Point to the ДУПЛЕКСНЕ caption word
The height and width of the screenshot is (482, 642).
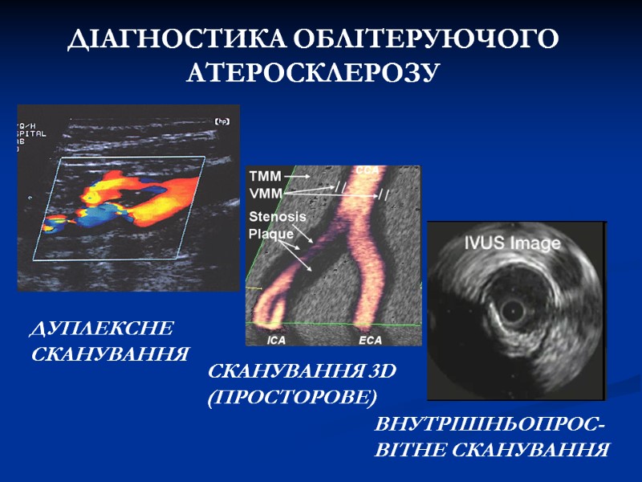point(102,329)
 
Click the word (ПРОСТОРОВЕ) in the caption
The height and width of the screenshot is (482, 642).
point(292,397)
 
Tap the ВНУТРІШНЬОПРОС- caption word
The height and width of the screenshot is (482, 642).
point(490,425)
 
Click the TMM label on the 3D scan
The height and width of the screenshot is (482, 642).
point(265,174)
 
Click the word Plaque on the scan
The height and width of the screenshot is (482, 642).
point(271,234)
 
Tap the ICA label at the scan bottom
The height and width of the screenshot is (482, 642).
point(276,341)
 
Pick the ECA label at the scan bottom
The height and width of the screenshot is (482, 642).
point(370,341)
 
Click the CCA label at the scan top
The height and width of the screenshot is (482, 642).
point(368,170)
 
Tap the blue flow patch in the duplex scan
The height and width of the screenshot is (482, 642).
point(100,215)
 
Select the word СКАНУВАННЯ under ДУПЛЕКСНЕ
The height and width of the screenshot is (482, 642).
point(109,353)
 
